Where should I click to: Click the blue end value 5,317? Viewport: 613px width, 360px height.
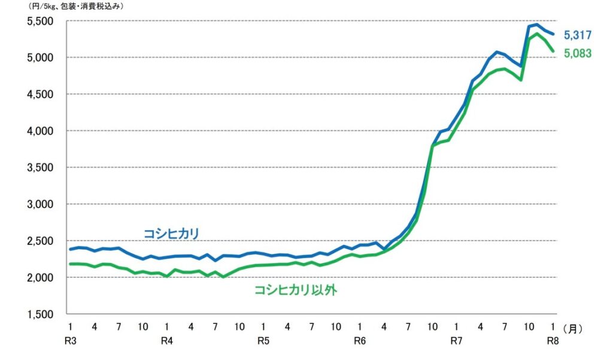pos(577,35)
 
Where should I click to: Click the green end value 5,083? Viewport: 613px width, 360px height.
pos(577,53)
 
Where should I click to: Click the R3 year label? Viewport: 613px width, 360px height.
pos(71,341)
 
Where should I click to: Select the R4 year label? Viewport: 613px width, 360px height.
pos(167,341)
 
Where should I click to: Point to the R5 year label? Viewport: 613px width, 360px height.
pos(263,341)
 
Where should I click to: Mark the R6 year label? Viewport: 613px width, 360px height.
pos(359,341)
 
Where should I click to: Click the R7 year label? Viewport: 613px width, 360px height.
pos(456,341)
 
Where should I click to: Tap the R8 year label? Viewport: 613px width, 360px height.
pos(553,341)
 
